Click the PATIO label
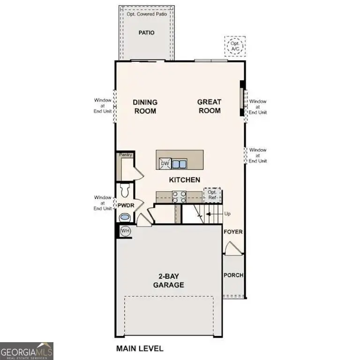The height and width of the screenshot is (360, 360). point(146,33)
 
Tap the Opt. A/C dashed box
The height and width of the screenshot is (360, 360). point(234,46)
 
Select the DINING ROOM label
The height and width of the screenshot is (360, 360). point(145,106)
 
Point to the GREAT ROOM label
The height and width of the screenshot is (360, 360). point(209,106)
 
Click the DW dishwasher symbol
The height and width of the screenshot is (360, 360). point(165,163)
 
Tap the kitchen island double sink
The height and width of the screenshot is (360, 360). point(179,164)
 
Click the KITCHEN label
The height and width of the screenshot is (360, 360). point(185,180)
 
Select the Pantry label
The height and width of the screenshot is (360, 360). point(126,155)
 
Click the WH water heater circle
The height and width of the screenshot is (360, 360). point(125,231)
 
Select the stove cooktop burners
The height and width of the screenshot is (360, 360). point(179,196)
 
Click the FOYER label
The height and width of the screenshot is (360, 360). point(233,232)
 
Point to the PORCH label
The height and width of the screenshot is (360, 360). point(233,275)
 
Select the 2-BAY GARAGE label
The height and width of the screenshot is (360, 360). point(168,281)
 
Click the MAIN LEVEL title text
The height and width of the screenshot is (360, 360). point(139,348)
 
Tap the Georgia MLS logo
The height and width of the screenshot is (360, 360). point(27,351)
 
